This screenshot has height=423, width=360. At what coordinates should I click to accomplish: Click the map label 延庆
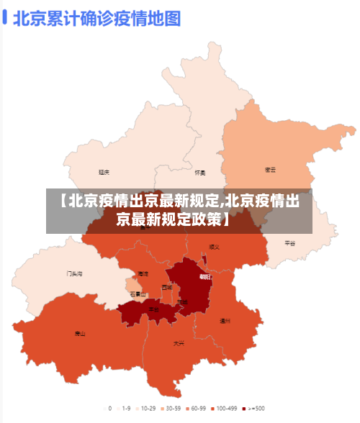click(104, 172)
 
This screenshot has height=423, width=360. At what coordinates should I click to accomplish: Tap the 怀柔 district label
click(200, 173)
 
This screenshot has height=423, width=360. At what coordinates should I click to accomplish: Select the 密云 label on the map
click(271, 170)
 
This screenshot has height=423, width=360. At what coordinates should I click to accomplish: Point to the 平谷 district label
click(289, 243)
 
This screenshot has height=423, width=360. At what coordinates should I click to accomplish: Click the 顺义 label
click(214, 247)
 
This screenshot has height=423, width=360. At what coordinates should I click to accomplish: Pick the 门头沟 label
click(74, 273)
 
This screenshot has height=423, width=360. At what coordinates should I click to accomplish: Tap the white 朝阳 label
click(205, 277)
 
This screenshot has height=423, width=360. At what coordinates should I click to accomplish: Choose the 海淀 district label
click(143, 274)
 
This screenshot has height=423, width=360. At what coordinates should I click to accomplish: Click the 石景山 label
click(138, 294)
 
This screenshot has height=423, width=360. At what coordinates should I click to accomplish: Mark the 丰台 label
click(153, 309)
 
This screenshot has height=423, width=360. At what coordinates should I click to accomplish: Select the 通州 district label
click(225, 320)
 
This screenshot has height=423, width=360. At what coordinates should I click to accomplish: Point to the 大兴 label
click(179, 343)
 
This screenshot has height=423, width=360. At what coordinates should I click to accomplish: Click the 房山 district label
click(80, 334)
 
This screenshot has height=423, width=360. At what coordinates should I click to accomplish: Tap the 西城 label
click(167, 287)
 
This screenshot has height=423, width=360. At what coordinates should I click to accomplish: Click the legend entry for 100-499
click(225, 408)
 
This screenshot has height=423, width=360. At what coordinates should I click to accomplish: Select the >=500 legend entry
click(253, 408)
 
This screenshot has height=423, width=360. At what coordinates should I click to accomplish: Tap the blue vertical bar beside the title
click(5, 17)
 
